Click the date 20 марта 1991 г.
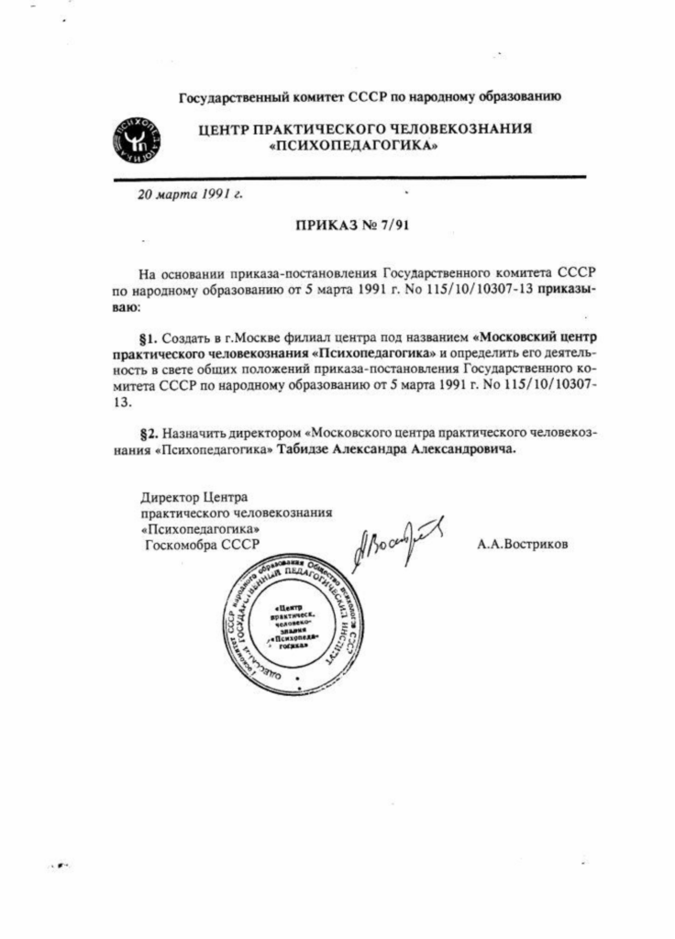183,194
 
